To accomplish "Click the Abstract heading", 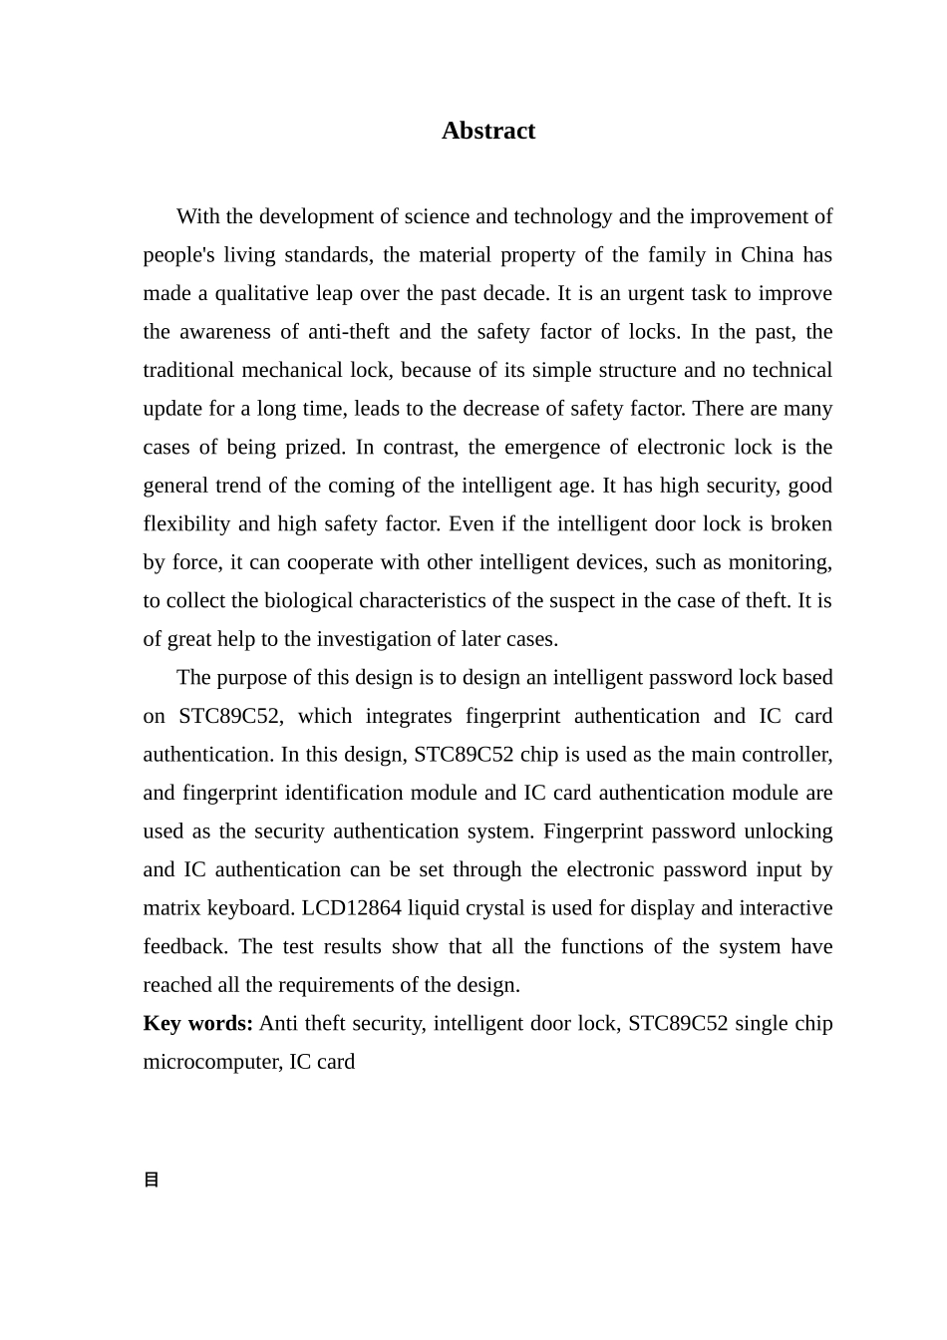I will tap(488, 131).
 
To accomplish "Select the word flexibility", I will tap(186, 523).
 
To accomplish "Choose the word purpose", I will tap(258, 677).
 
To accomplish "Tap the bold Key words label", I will tap(197, 1024).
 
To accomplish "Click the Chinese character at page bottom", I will tap(152, 1179).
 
